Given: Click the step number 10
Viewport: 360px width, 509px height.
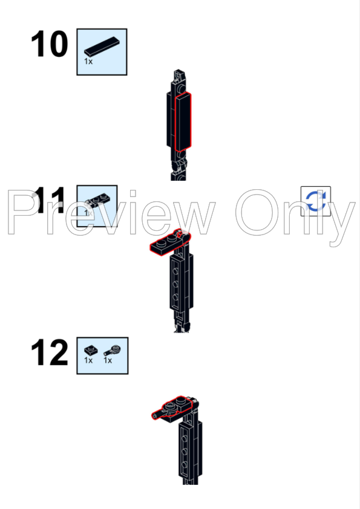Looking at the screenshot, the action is [x=50, y=44].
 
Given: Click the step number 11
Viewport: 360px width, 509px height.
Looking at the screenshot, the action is [x=50, y=200].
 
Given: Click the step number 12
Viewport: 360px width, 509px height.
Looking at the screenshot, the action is [x=50, y=352].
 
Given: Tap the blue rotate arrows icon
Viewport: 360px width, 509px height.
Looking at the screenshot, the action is [x=316, y=201].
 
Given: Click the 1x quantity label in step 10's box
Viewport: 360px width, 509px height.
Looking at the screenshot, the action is [x=88, y=61].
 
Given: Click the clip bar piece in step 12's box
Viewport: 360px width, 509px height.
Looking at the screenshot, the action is [x=113, y=350].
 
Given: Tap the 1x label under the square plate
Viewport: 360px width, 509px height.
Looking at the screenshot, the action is [x=88, y=360].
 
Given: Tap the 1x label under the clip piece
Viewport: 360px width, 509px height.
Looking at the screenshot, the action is [x=108, y=360].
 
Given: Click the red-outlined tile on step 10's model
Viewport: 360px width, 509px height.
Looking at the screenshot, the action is [x=183, y=122].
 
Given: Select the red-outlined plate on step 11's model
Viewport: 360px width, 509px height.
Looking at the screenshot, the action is [x=169, y=244].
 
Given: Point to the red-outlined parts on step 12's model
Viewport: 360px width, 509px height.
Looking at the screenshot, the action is [x=174, y=408].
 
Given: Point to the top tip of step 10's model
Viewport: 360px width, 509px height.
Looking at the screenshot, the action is [x=178, y=70].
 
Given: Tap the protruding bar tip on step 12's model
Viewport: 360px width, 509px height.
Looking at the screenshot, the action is [x=154, y=416].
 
